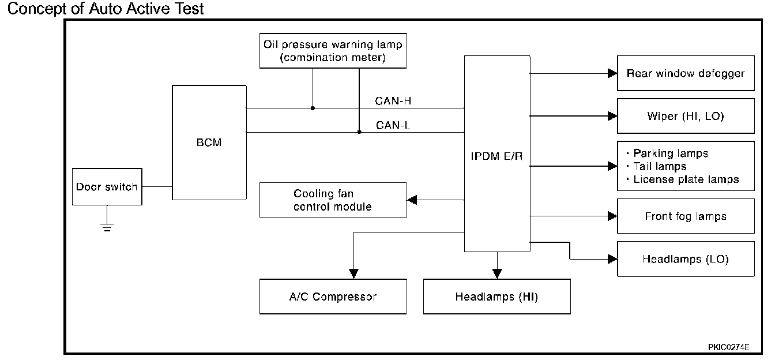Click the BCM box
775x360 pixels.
coord(209,142)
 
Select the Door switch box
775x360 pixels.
coord(107,187)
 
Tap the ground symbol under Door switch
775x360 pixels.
coord(107,227)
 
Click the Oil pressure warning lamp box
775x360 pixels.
coord(333,51)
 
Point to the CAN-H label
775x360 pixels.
coord(393,101)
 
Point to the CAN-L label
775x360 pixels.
coord(393,125)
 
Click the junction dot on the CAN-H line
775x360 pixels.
coord(313,108)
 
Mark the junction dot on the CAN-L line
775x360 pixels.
coord(359,132)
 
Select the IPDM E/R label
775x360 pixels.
coord(497,156)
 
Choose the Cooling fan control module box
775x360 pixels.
coord(333,200)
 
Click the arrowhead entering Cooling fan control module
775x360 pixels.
coord(412,200)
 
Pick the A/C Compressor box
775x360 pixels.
coord(333,297)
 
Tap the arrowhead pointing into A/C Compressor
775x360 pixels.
coord(353,273)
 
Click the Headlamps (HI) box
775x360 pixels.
coord(496,297)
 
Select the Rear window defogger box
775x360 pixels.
coord(686,73)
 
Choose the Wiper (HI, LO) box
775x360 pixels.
coord(686,116)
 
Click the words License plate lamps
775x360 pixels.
coord(686,179)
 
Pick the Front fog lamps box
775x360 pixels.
coord(686,216)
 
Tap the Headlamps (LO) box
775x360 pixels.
coord(686,259)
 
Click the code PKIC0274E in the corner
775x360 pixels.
coord(729,347)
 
